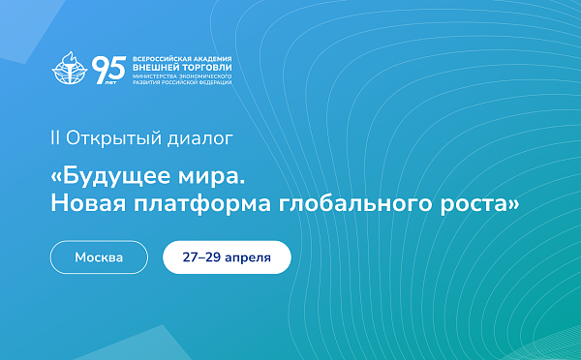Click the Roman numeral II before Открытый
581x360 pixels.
[x=54, y=137]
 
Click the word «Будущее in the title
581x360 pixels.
[x=108, y=179]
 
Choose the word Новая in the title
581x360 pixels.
[x=89, y=204]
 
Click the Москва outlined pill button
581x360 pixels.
[x=99, y=258]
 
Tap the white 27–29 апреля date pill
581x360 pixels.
[x=226, y=258]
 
